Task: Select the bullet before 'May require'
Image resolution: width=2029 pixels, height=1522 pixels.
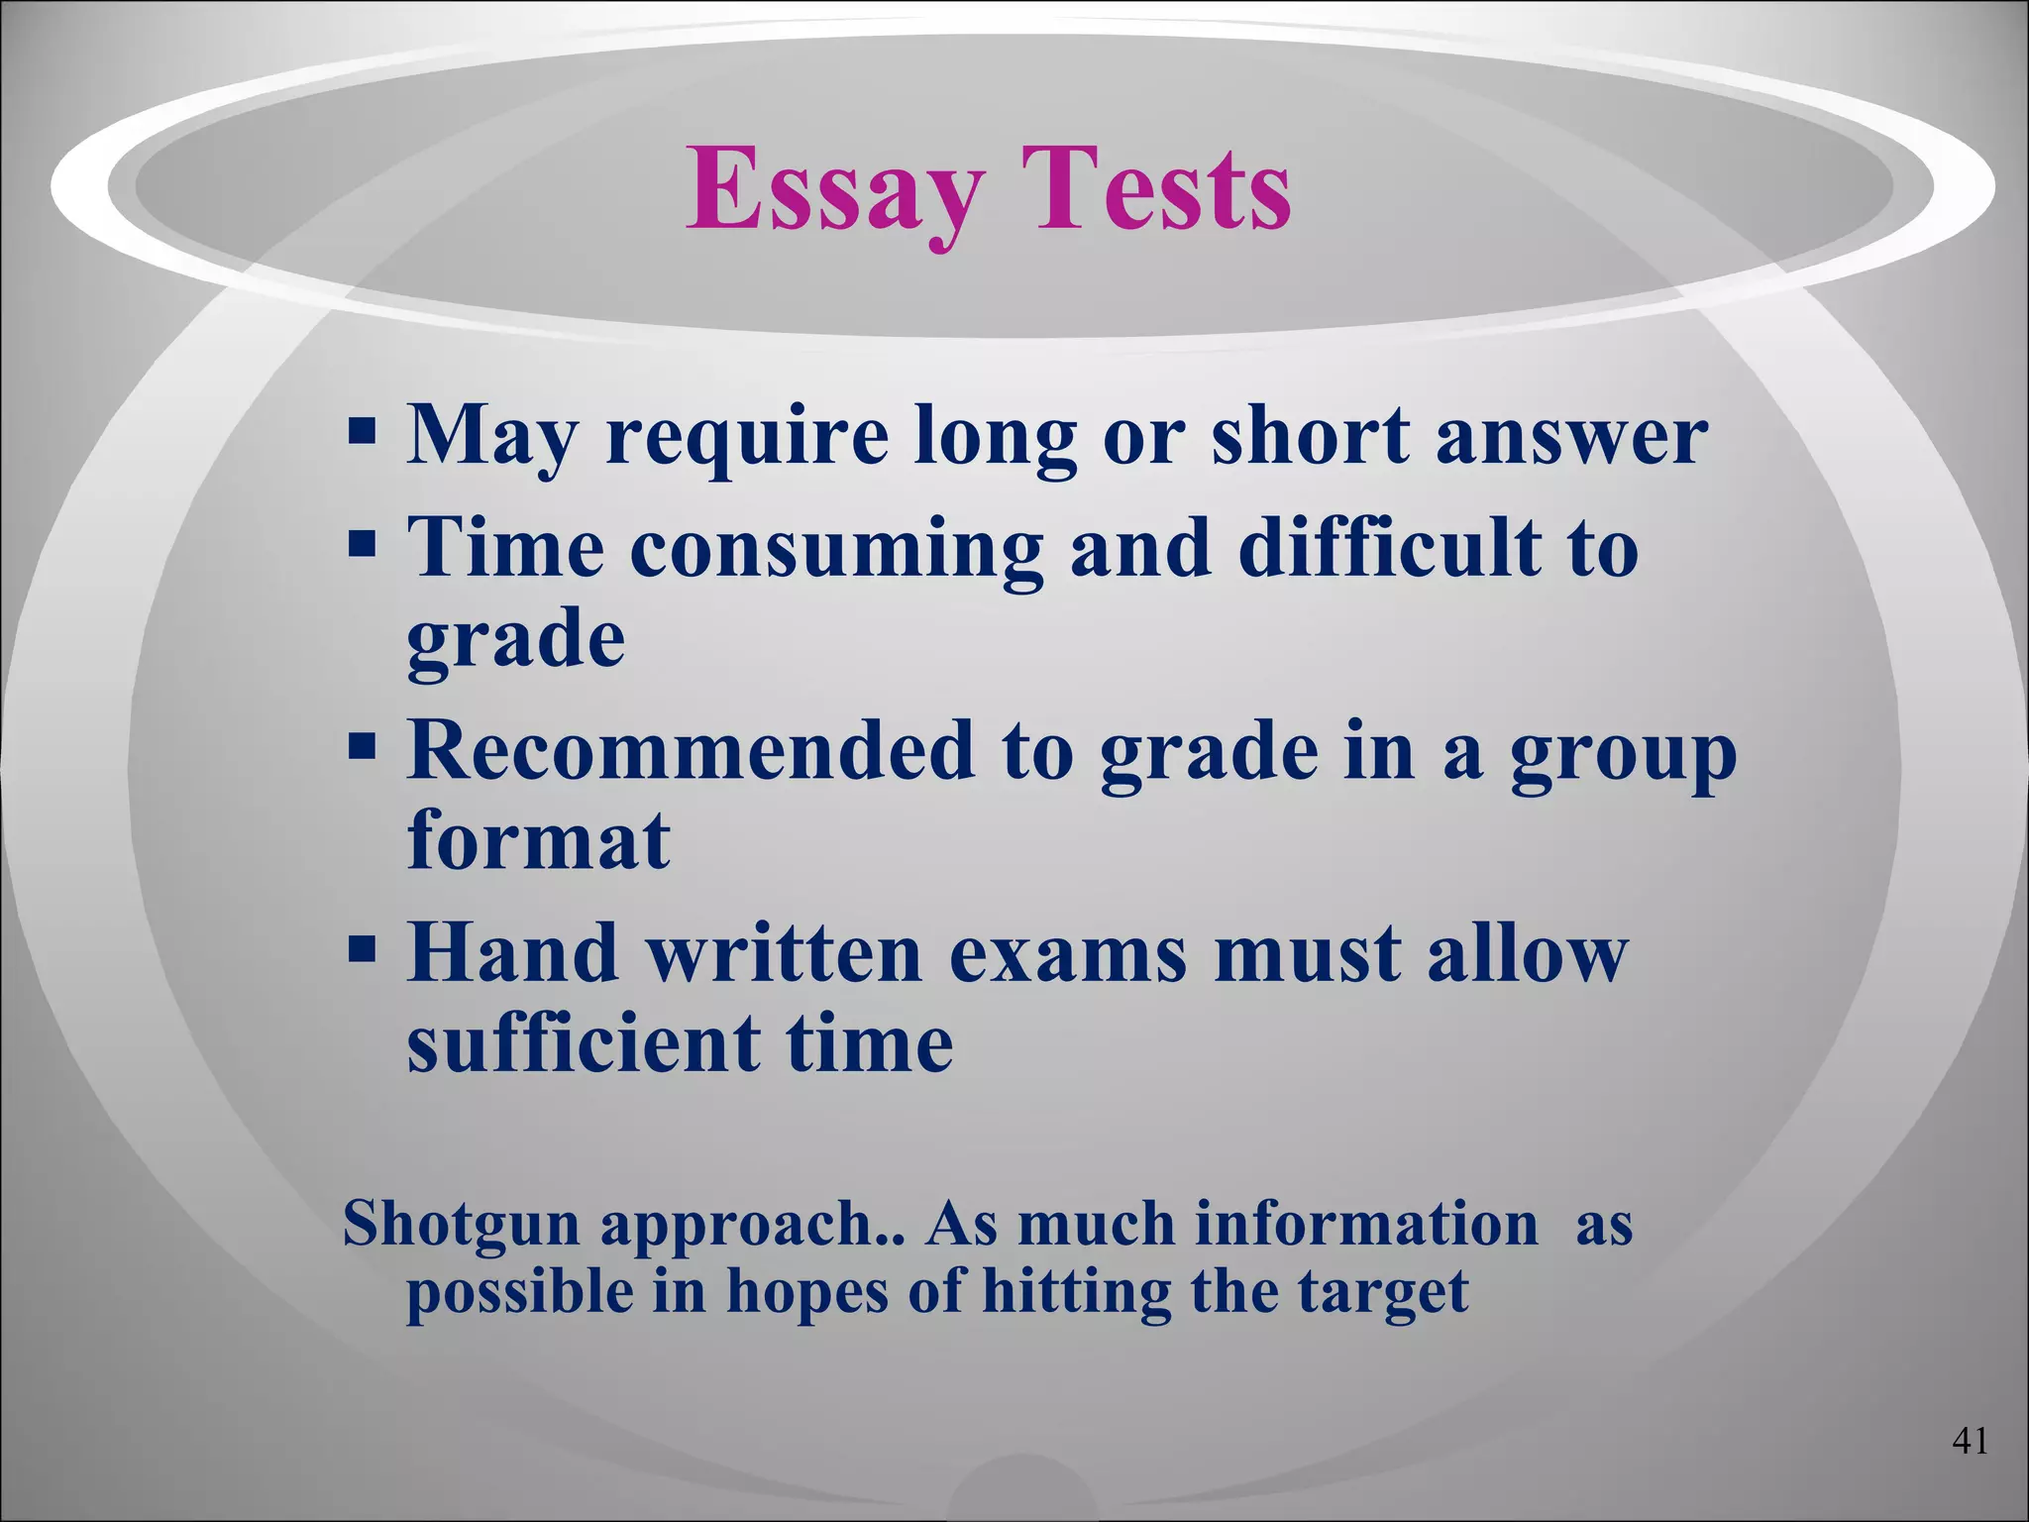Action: coord(363,433)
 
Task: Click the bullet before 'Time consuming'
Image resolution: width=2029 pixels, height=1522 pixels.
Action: coord(363,545)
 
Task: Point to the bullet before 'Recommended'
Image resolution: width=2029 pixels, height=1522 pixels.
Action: coord(363,748)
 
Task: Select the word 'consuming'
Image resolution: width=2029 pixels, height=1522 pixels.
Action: coord(836,550)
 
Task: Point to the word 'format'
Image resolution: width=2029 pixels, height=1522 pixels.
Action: coord(539,840)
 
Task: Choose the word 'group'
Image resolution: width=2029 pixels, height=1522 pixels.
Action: coord(1624,755)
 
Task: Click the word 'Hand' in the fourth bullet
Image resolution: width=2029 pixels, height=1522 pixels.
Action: coord(513,952)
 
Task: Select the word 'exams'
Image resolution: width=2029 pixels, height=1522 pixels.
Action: coord(1067,954)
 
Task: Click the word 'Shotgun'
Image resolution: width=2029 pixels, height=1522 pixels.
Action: coord(461,1225)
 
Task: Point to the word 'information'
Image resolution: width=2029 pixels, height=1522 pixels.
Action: coord(1367,1223)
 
